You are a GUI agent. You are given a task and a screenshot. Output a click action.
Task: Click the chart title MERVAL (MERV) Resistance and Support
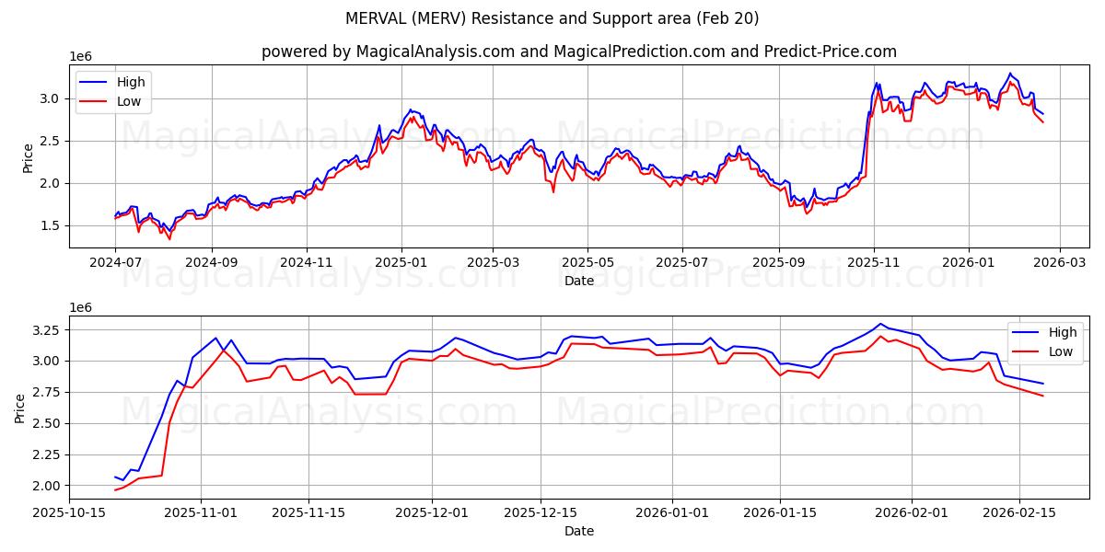pos(552,18)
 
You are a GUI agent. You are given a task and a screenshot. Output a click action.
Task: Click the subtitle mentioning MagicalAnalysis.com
pos(578,52)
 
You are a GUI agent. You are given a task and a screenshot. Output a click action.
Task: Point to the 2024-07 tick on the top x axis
pos(115,262)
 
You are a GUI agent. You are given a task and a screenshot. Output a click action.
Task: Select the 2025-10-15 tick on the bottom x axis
pos(70,513)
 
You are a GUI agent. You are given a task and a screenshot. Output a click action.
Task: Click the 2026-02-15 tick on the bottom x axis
pos(1019,513)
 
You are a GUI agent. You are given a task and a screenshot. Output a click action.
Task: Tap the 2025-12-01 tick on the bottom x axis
pos(432,513)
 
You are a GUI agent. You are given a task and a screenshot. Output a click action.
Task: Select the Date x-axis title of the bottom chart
pos(578,531)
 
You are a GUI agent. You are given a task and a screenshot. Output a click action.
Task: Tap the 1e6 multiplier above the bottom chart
pos(82,306)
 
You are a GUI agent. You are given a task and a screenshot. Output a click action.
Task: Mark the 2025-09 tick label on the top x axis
pos(779,262)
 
